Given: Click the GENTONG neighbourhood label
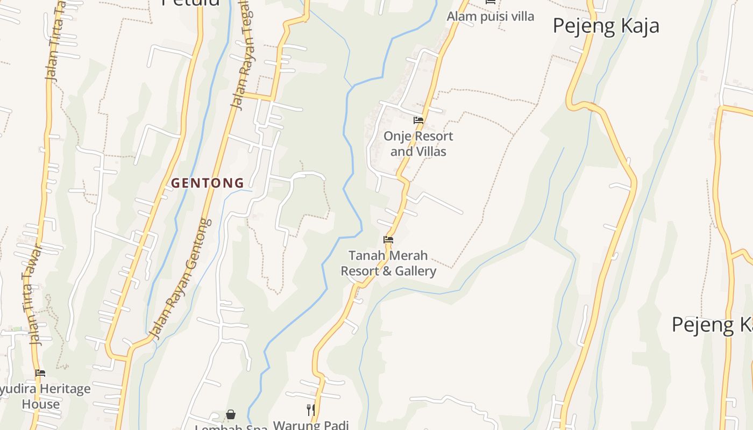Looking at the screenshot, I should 208,183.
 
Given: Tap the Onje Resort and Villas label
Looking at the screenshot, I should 418,144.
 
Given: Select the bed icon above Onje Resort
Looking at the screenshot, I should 418,120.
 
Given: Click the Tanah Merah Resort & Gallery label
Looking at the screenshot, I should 388,263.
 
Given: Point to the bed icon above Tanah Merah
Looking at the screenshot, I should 388,240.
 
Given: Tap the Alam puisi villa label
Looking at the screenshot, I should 491,17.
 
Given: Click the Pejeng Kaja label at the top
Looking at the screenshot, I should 606,26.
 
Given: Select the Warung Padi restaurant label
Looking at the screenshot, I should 311,425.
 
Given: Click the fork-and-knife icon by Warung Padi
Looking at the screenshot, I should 310,410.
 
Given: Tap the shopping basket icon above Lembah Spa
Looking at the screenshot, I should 231,414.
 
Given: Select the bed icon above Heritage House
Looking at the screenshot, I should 40,373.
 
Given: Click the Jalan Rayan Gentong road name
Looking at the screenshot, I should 180,279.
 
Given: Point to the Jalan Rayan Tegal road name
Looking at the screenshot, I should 243,54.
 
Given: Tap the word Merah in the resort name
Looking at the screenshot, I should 410,255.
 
